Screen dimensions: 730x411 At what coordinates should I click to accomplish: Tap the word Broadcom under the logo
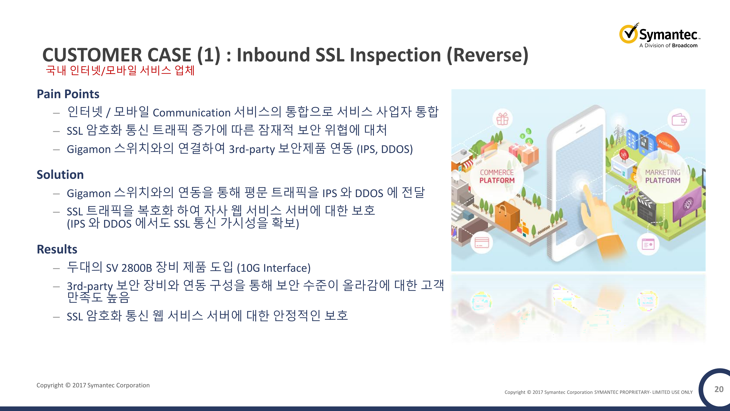point(685,45)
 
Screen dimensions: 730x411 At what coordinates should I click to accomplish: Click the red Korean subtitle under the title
point(120,70)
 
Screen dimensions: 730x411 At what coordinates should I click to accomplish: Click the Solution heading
point(60,174)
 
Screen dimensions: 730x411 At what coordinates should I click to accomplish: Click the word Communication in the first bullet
point(192,113)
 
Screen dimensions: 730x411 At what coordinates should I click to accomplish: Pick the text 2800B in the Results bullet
point(137,268)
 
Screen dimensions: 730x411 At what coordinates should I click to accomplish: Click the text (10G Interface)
point(274,268)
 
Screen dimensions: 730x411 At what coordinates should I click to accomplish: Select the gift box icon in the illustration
point(502,119)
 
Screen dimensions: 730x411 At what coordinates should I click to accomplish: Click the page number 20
point(719,389)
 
